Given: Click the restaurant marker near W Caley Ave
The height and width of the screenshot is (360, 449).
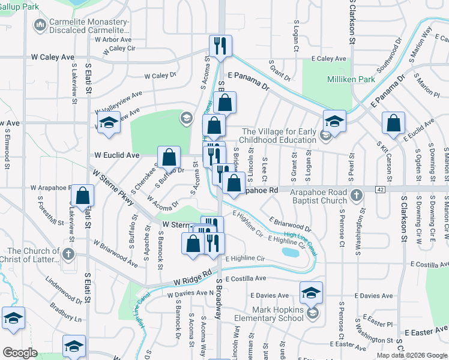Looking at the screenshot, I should pos(220,46).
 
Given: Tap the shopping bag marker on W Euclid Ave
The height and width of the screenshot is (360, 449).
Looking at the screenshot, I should pos(170,157).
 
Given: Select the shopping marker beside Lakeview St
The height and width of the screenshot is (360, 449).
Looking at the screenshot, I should pos(83,195).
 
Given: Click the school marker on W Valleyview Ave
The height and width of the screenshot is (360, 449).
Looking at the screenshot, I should pos(107,122).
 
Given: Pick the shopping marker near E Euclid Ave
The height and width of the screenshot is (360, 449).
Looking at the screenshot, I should pos(393,123).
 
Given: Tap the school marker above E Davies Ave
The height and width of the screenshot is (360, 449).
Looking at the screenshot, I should pos(311,292).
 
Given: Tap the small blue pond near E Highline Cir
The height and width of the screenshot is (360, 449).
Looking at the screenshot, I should pos(290,252).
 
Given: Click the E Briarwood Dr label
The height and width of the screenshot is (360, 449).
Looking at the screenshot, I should pos(291,225).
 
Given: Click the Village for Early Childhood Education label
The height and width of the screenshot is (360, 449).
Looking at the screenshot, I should pos(279,136).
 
